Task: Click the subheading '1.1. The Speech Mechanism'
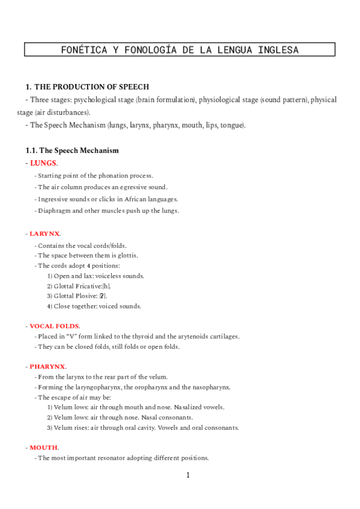click(x=72, y=150)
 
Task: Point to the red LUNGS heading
click(x=43, y=163)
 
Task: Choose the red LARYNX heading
click(x=44, y=233)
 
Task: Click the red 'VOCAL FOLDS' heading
click(x=54, y=325)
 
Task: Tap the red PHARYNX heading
click(x=47, y=366)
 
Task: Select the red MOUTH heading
click(x=44, y=447)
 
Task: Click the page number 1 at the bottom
click(x=188, y=475)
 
